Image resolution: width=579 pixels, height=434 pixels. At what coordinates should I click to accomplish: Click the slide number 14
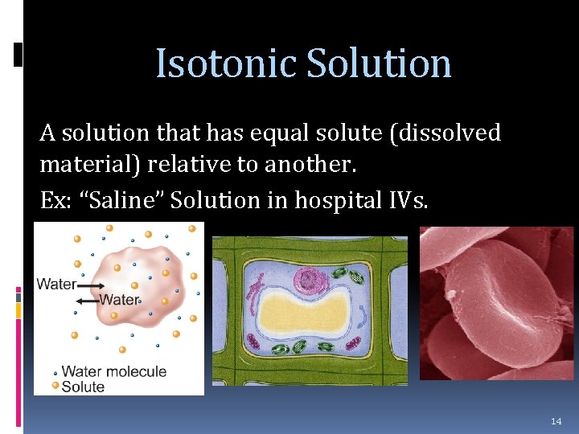(556, 421)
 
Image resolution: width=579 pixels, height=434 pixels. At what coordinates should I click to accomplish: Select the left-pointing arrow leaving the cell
(87, 300)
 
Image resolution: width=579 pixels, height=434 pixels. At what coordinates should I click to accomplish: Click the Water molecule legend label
(113, 371)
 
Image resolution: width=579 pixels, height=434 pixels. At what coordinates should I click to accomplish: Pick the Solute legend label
(83, 387)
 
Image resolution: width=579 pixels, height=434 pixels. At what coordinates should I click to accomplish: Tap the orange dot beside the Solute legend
(55, 387)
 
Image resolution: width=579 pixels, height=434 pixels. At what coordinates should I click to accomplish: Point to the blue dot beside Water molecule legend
(55, 372)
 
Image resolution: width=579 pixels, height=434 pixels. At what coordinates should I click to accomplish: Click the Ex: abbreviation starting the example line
(56, 200)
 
